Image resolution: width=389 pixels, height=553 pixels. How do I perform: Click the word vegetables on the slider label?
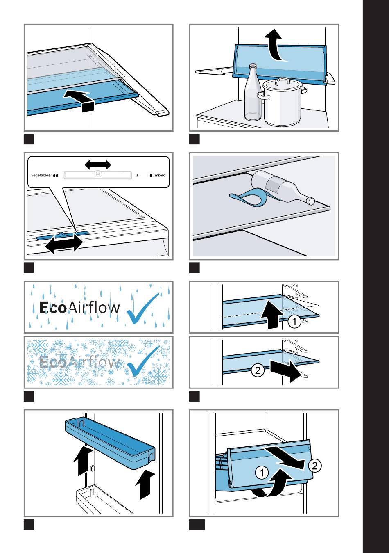point(41,175)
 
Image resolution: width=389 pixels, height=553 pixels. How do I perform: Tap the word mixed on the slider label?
point(160,175)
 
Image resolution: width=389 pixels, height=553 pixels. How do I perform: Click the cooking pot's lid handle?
point(283,81)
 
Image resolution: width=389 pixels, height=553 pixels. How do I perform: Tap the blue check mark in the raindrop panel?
point(142,309)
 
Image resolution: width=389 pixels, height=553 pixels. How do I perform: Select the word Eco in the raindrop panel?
point(52,308)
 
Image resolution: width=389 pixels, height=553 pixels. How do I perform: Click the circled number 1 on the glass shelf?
point(294,322)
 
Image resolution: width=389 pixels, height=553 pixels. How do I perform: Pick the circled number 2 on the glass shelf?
point(258,370)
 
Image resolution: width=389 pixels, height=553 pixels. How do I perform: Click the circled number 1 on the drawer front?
point(262,473)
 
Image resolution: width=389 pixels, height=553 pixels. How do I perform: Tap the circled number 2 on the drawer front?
point(315,466)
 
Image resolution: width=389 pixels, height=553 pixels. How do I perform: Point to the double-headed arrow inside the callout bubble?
point(98,165)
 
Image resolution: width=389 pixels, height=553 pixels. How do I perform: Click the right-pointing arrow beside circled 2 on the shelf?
point(286,371)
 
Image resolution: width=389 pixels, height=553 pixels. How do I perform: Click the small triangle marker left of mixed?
point(137,176)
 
